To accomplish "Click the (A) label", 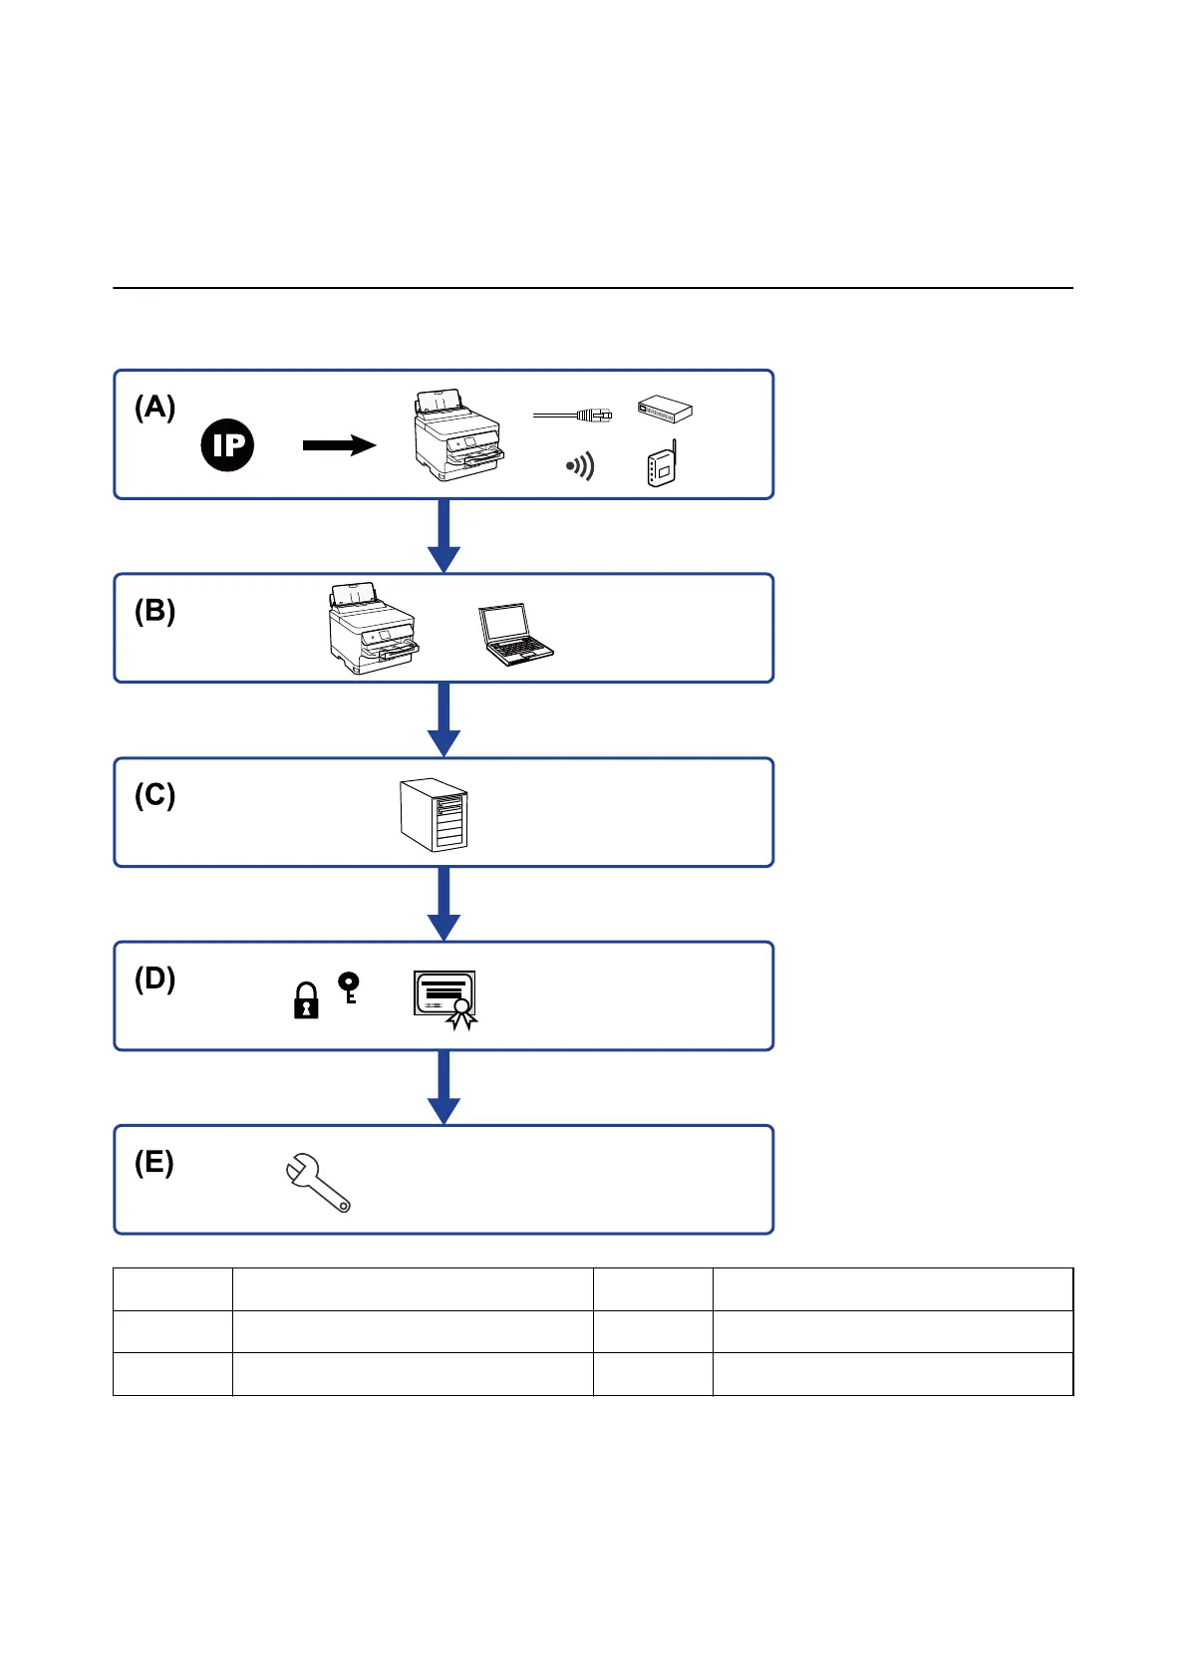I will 154,407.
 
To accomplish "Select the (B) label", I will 154,611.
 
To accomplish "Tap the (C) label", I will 154,795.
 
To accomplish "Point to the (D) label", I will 154,979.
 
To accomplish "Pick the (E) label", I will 153,1163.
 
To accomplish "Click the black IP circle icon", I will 227,445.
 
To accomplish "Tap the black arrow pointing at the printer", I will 339,445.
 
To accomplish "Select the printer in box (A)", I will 457,435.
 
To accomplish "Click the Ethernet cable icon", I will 573,414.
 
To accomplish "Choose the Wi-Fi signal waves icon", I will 580,465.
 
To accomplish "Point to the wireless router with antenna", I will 662,465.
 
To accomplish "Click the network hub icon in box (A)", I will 665,409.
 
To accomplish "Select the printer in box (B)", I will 373,629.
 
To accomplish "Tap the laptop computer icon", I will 514,634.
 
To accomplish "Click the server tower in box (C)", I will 434,814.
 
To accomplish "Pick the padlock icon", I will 306,1001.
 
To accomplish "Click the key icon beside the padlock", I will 348,986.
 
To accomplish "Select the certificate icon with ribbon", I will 445,998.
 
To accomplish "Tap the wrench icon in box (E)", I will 317,1183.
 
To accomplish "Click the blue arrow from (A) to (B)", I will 444,536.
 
